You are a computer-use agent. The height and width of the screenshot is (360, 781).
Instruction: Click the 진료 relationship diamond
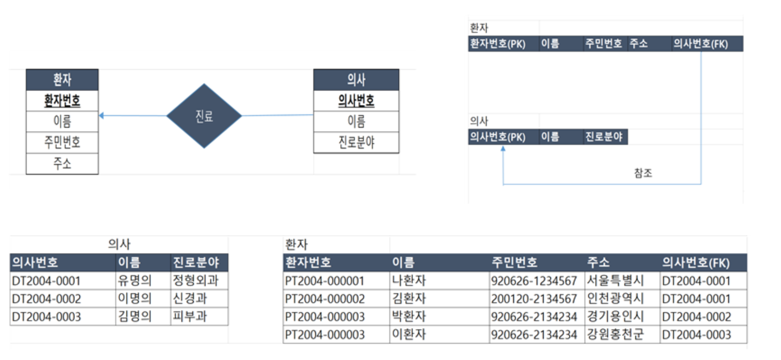204,116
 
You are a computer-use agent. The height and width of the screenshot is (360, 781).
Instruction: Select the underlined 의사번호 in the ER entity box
356,100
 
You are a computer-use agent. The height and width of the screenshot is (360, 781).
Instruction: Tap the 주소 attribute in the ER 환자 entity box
62,164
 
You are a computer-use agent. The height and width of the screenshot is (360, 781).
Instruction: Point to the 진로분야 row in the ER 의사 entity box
356,142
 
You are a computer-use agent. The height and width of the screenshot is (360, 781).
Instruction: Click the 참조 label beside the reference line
643,173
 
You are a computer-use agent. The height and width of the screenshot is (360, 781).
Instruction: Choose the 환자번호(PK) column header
498,44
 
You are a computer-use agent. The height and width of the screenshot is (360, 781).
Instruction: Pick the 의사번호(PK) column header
498,137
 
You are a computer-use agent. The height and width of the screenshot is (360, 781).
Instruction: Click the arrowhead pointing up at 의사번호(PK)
503,149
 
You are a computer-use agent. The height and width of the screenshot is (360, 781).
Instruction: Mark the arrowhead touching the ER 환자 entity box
102,116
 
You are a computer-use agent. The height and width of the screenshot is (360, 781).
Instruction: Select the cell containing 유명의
135,280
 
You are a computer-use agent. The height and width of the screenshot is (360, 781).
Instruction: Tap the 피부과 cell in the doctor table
190,317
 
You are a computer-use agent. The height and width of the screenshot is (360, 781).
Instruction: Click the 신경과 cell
190,299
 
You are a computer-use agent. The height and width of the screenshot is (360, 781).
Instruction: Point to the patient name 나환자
409,280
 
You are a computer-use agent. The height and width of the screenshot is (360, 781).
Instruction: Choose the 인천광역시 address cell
615,299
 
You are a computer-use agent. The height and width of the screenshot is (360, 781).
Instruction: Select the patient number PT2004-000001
324,281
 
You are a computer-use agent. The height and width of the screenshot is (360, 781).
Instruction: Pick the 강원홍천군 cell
615,334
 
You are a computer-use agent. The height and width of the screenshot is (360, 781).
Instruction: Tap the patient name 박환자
409,317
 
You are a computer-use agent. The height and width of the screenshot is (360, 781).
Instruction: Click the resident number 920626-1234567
534,281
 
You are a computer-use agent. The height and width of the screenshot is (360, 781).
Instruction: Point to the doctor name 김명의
135,317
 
